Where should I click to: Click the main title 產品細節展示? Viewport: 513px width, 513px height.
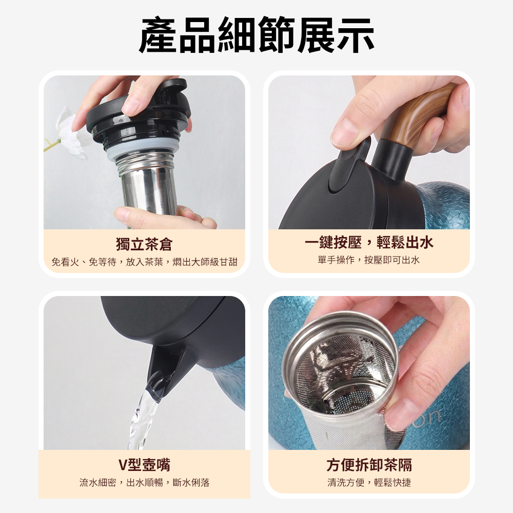256,35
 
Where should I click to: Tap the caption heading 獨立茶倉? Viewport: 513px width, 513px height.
144,244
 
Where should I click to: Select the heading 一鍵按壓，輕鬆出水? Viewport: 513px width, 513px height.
369,243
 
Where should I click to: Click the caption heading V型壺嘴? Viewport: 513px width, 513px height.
144,465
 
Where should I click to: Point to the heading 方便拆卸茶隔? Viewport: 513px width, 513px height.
369,465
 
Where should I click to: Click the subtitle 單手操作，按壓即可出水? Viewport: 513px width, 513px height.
369,260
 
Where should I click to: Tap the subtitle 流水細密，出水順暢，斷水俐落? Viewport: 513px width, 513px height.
144,483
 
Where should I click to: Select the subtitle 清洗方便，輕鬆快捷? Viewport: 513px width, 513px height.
369,483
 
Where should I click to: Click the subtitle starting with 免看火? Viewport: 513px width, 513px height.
144,262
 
